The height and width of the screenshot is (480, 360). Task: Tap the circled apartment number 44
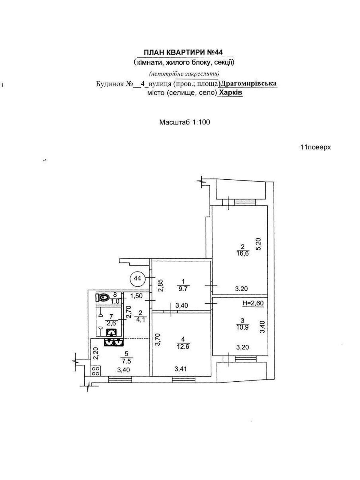click(137, 278)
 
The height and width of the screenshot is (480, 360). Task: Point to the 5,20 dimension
click(259, 244)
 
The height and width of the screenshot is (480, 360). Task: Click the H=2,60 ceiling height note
click(253, 303)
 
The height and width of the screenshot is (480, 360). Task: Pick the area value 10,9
click(242, 326)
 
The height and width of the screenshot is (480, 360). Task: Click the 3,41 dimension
click(181, 369)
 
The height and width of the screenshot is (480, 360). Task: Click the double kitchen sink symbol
click(114, 342)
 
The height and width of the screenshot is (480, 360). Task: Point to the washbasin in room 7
click(112, 332)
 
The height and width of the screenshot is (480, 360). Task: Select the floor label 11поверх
click(315, 147)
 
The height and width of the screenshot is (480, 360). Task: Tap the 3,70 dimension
click(157, 340)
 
